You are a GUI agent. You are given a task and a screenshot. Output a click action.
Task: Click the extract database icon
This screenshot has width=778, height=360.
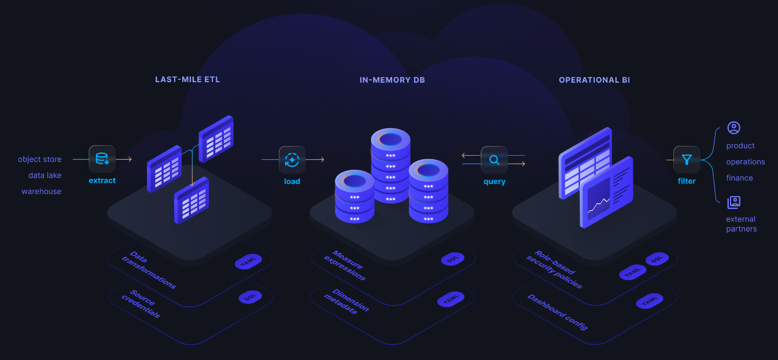coord(102,159)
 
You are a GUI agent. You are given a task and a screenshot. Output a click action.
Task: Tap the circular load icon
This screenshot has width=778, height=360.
coord(292,160)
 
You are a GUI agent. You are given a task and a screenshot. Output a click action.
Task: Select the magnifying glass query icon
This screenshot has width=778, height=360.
coord(494,160)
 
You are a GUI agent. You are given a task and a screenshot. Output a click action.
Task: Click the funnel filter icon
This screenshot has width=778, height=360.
coord(687,160)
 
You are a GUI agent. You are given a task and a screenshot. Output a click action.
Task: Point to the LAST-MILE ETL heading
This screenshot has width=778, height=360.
coord(187,79)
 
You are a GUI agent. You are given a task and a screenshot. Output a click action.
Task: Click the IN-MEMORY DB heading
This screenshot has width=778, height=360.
coord(392,80)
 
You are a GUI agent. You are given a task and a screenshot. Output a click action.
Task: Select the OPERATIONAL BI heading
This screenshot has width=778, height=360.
coord(594,80)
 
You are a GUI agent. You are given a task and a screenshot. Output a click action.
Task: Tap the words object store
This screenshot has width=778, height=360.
coord(39,159)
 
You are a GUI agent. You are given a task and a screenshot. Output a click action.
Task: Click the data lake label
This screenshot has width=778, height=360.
coord(45,175)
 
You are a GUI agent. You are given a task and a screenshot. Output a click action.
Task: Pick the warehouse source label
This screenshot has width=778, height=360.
coord(41,192)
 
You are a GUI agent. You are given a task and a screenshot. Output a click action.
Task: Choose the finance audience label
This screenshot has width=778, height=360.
coord(739,178)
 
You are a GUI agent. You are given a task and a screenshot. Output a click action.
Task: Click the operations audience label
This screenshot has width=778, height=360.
coord(746,162)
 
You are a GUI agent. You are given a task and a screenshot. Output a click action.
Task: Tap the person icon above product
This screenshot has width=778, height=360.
coord(734,128)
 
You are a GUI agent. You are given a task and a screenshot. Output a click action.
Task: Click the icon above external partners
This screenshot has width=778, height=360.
coord(734,202)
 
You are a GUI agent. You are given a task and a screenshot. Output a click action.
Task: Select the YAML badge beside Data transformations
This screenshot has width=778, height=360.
coord(248,262)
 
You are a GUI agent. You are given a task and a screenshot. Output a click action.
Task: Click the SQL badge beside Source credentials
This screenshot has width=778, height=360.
coord(250,297)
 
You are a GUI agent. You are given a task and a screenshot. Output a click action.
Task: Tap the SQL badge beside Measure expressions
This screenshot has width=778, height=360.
coord(452,259)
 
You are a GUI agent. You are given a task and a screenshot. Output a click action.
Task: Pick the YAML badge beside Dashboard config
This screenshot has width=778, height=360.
coord(648,302)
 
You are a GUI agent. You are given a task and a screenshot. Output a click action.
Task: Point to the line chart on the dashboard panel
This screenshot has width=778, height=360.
coord(598,204)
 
